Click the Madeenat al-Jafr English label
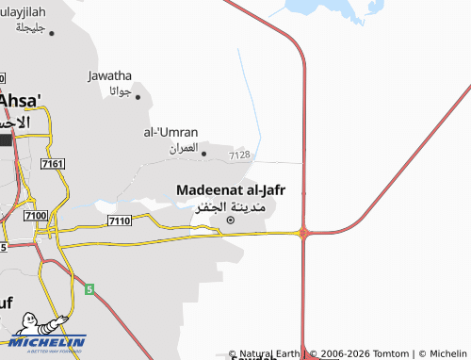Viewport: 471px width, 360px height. (x=231, y=189)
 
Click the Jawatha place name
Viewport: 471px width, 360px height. (x=109, y=75)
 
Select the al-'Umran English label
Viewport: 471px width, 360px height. (x=171, y=132)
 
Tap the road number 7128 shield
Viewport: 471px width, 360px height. (x=239, y=155)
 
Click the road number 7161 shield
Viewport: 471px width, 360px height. (x=53, y=164)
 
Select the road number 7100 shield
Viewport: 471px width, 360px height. (x=37, y=217)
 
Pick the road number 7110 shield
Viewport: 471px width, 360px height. (x=119, y=221)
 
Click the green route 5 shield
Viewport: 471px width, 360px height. (x=90, y=289)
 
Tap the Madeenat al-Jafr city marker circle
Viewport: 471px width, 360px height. (x=231, y=221)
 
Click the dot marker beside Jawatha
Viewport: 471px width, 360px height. (x=138, y=96)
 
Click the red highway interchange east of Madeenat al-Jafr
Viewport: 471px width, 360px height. (x=303, y=232)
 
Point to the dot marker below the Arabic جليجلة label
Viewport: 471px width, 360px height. (x=51, y=33)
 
